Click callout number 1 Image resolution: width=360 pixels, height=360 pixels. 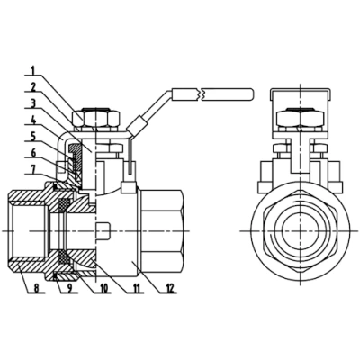(33, 69)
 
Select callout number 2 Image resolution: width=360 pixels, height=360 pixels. (33, 86)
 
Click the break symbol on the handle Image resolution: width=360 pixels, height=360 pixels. (206, 93)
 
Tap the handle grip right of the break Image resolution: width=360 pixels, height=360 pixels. (229, 93)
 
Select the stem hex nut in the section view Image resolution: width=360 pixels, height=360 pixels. (96, 118)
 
